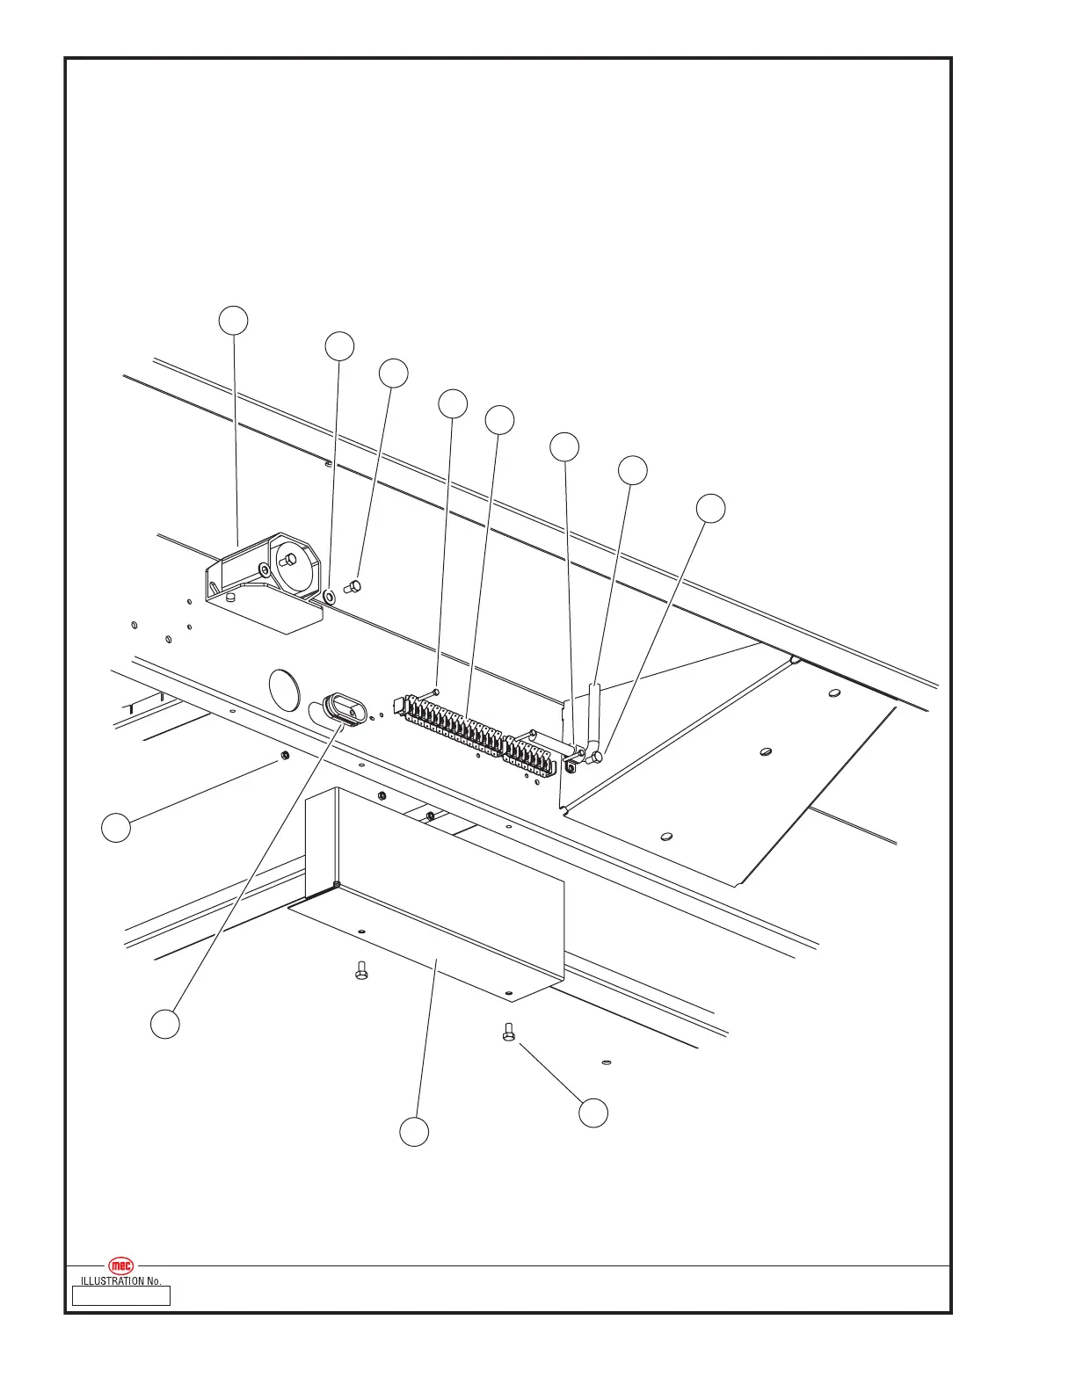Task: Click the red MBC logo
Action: pos(121,1265)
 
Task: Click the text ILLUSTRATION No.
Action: pos(120,1281)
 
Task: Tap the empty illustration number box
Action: pos(120,1295)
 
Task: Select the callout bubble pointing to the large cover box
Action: pos(414,1132)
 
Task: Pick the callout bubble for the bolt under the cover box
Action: pos(593,1113)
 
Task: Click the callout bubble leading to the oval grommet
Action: pos(164,1024)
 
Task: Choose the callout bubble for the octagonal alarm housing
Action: pos(233,321)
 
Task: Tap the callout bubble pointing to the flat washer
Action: pos(339,346)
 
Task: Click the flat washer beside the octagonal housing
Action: pos(330,597)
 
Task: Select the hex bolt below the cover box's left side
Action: pos(360,970)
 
